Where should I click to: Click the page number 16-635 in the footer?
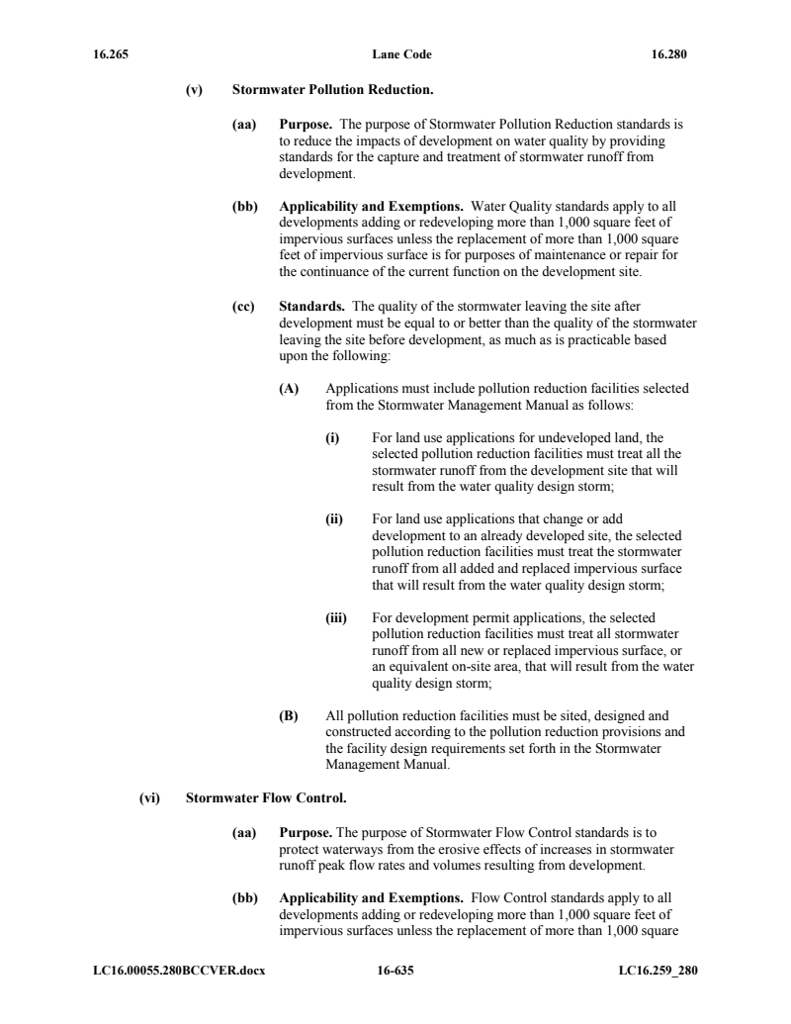coord(395,970)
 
